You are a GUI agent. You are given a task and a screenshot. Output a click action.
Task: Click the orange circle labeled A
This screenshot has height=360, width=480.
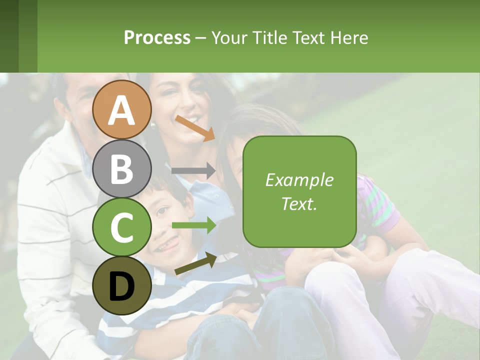(121, 109)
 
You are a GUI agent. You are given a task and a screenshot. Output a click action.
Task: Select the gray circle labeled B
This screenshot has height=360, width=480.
(121, 168)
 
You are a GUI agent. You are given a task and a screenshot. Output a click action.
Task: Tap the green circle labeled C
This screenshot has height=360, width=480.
(121, 227)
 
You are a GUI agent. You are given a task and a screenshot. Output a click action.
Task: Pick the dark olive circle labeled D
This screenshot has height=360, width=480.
(121, 285)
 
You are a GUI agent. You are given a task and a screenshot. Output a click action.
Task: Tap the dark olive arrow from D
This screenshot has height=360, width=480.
(195, 263)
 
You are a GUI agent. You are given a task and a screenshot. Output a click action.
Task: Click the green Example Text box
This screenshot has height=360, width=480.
(299, 191)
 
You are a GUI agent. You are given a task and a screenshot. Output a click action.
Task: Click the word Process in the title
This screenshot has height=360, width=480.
(157, 37)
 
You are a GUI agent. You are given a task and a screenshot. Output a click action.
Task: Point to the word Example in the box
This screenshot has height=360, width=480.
(299, 180)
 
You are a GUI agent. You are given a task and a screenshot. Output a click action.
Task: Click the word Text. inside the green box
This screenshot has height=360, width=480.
(299, 203)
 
